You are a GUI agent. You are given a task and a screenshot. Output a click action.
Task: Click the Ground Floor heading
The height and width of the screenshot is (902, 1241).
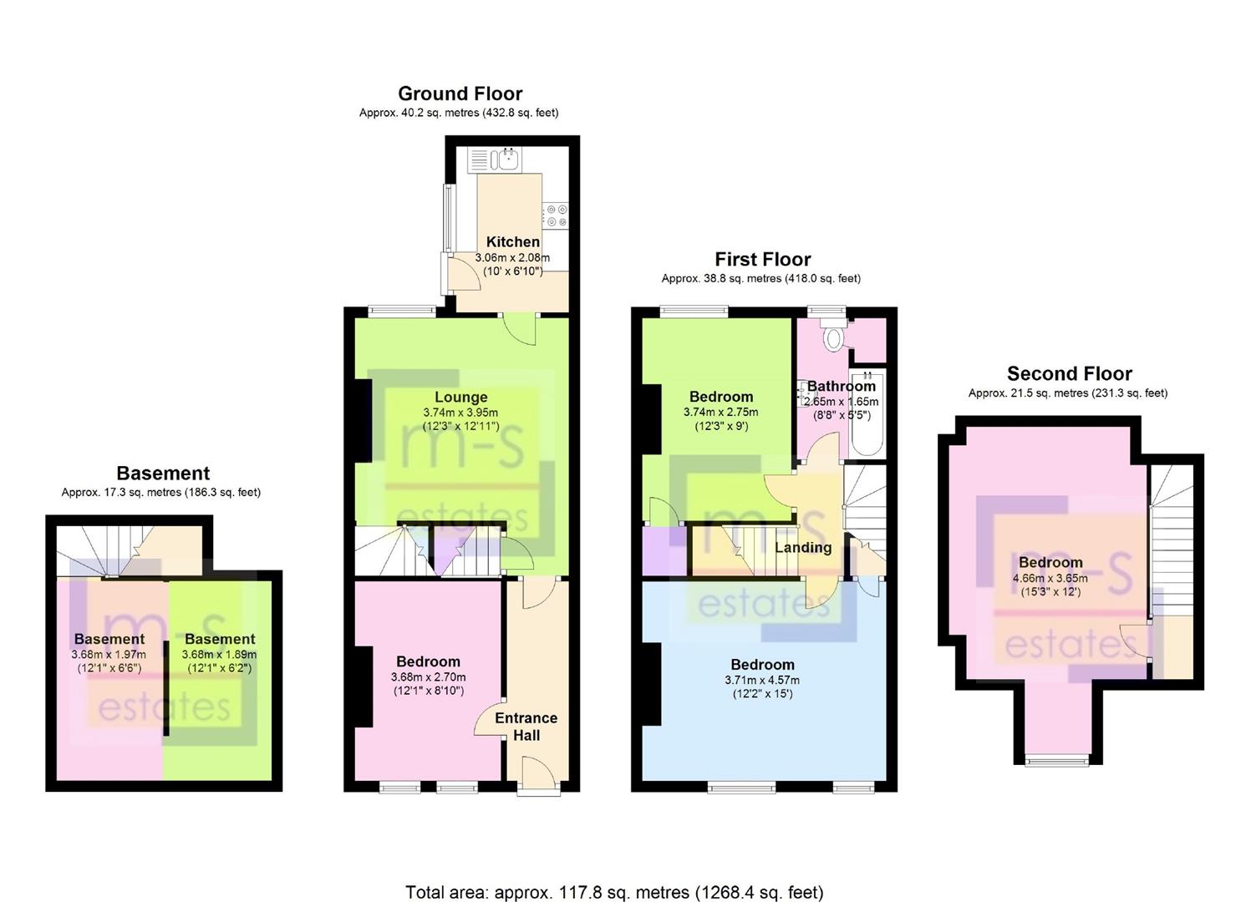pos(460,94)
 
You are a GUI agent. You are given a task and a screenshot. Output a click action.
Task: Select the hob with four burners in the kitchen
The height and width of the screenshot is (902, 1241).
pos(556,215)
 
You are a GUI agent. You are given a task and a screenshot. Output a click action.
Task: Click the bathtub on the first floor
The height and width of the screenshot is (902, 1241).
pos(867,413)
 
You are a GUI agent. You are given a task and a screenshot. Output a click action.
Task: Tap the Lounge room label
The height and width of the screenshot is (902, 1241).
pos(461,397)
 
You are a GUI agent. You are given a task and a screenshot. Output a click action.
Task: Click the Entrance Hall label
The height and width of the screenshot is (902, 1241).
pos(526,727)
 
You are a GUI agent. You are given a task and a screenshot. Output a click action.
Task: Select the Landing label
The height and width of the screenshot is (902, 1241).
pos(803,548)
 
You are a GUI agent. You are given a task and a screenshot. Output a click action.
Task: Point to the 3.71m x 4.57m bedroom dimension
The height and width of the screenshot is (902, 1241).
pos(762,680)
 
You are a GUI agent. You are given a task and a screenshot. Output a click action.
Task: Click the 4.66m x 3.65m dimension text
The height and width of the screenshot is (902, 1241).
pos(1050,578)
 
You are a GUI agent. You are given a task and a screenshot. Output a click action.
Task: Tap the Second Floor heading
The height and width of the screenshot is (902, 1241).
pos(1069,374)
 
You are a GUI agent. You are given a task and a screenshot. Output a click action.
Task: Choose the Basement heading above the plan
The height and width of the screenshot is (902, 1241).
pos(163,474)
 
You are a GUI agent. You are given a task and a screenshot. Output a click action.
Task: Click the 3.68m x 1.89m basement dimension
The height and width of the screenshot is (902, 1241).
pos(220,654)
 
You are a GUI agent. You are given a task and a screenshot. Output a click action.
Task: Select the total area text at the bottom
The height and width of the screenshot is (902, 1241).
pos(614,877)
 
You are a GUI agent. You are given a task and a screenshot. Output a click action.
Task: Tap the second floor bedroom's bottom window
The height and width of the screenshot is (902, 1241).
pos(1057,762)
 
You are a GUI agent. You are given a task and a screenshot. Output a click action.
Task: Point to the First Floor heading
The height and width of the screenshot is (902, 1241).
pos(762,259)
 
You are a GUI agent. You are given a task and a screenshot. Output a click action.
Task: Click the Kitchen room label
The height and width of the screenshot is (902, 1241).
pos(512,242)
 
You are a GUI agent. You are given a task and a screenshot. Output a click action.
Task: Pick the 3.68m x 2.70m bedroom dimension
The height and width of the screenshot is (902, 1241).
pos(428,677)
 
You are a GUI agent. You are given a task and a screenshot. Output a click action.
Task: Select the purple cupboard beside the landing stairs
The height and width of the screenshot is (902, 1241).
pos(664,550)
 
